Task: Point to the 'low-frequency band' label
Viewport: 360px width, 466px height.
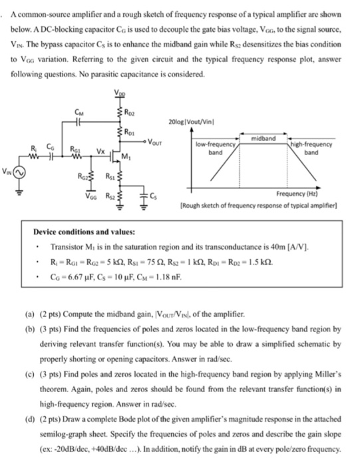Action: (x=214, y=147)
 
